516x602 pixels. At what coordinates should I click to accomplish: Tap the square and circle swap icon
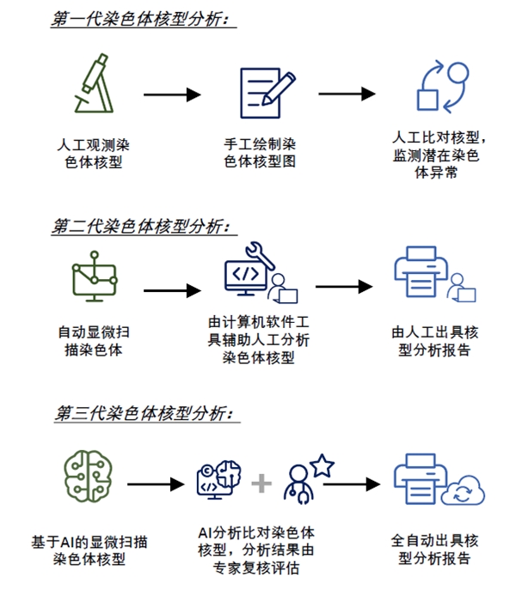click(440, 86)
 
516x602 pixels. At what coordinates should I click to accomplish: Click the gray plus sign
click(261, 483)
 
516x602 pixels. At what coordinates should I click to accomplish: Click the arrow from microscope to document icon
click(172, 93)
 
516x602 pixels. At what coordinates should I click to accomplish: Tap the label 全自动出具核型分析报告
click(434, 549)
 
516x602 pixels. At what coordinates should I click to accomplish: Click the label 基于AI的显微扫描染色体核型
click(89, 549)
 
